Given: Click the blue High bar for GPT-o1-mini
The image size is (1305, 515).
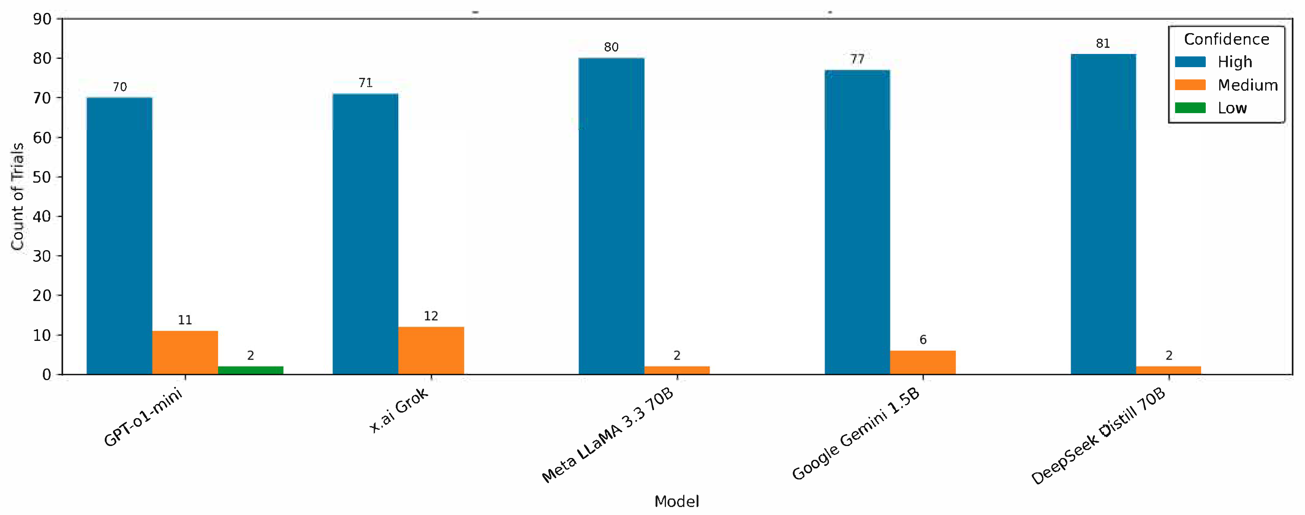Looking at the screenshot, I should [x=119, y=236].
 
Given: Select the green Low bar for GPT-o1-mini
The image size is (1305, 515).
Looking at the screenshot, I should [x=250, y=370].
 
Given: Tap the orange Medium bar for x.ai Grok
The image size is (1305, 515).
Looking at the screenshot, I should [x=431, y=351].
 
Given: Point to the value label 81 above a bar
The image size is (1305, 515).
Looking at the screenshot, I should [x=1103, y=44].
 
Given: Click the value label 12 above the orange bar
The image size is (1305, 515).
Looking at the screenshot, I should [x=431, y=316].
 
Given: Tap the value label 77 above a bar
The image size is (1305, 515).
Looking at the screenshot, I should [x=857, y=59].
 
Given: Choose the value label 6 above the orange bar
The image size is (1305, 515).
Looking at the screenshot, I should [x=923, y=340].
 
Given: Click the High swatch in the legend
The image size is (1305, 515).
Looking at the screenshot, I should [x=1190, y=62].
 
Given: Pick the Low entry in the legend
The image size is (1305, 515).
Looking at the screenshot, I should [x=1232, y=108].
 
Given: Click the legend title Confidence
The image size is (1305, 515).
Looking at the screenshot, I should [x=1227, y=39].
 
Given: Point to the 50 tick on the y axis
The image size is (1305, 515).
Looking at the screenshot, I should [x=42, y=177].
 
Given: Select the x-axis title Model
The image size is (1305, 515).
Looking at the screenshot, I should [x=676, y=501].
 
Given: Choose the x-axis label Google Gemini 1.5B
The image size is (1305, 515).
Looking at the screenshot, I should [x=856, y=435].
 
